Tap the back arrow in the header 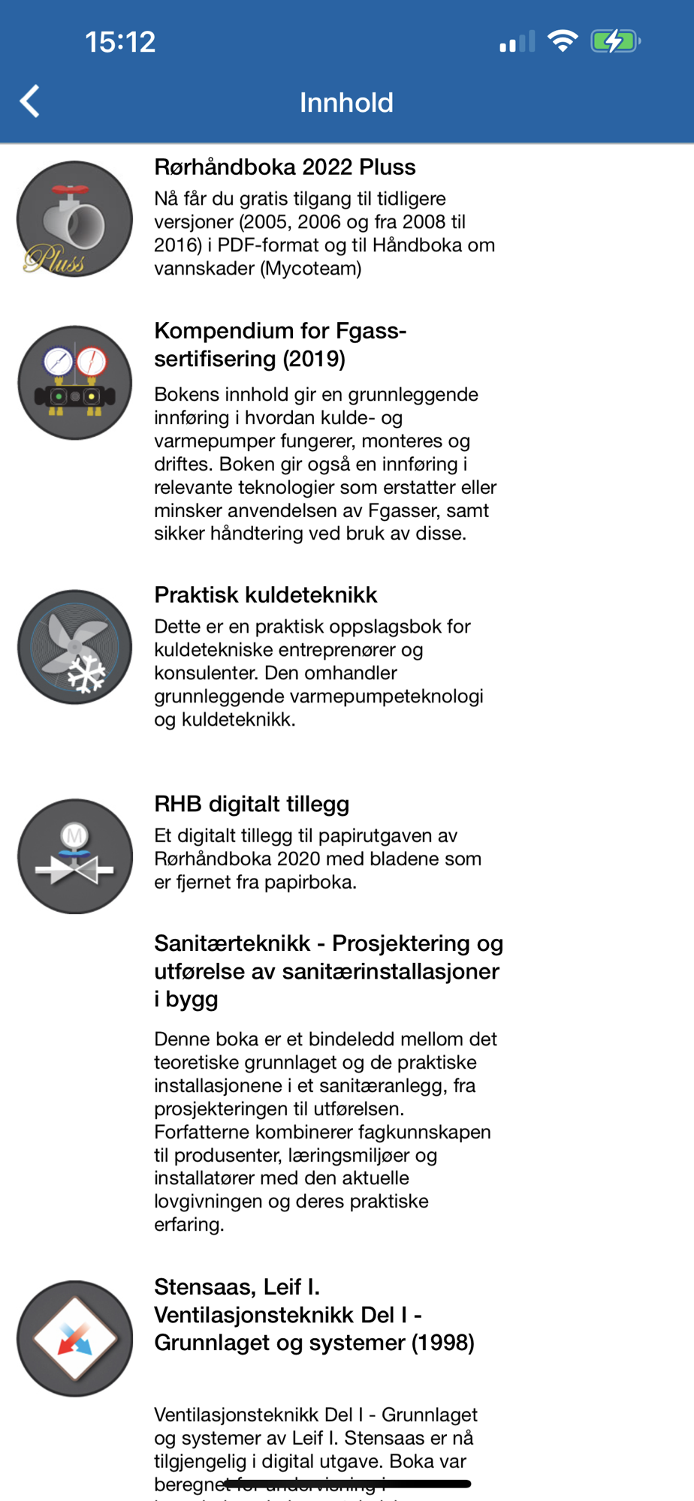tap(30, 101)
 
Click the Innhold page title tap(346, 103)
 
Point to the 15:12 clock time tap(120, 42)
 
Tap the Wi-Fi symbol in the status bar tap(562, 41)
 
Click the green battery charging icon tap(615, 41)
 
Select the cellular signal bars tap(517, 42)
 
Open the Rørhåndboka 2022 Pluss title tap(285, 167)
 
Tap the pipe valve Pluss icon tap(74, 219)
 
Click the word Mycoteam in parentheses tap(310, 269)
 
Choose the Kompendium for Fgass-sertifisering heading tap(280, 344)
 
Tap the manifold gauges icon tap(74, 383)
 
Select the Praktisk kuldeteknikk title tap(265, 595)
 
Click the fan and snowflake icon tap(74, 647)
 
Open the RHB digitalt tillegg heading tap(252, 804)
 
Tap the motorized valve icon tap(74, 856)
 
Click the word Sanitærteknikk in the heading tap(232, 943)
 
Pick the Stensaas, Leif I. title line tap(237, 1287)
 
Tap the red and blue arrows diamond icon tap(74, 1338)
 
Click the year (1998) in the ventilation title tap(442, 1343)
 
